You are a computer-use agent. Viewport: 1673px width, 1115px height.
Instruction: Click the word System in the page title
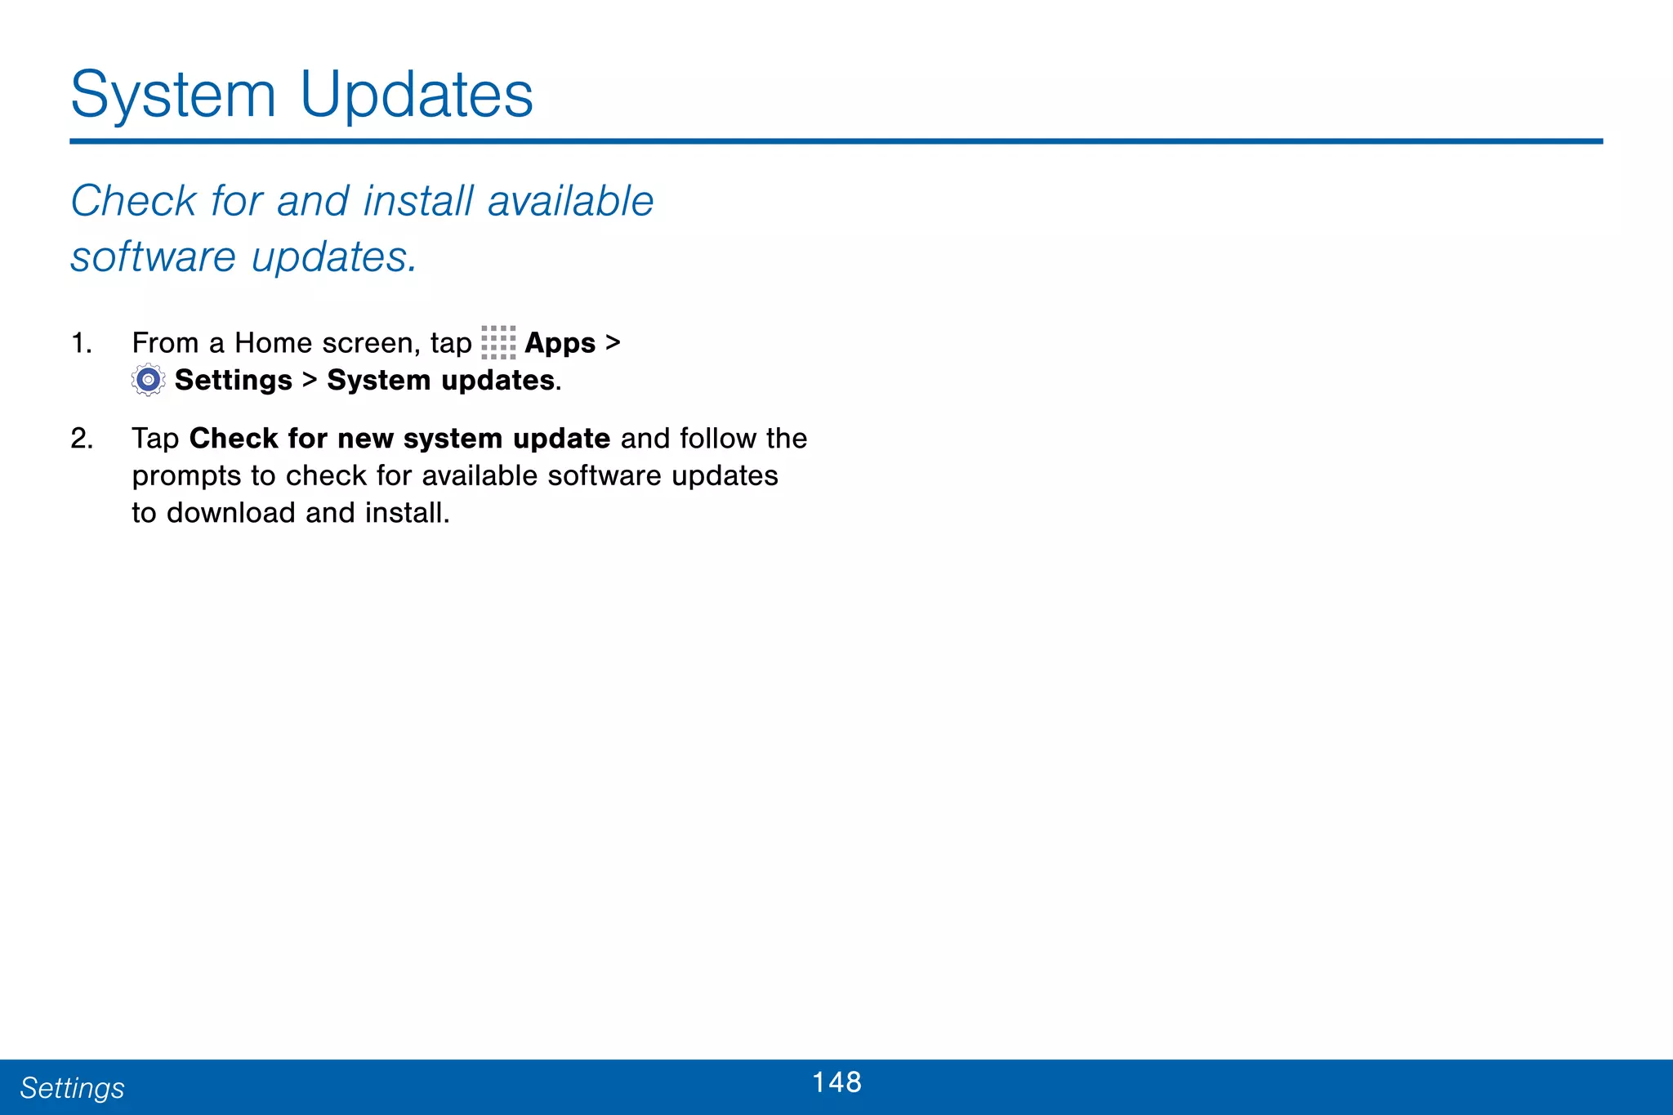[x=173, y=96]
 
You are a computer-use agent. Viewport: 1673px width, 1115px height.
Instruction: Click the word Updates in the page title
[x=417, y=96]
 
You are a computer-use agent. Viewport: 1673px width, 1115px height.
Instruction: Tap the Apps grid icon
[x=498, y=342]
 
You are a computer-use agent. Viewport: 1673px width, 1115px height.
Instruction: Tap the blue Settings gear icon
[x=148, y=380]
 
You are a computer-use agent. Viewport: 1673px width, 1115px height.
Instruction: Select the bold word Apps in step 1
[x=560, y=343]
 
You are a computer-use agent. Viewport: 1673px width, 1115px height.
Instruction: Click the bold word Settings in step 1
[x=233, y=381]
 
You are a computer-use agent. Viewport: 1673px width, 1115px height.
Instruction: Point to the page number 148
[x=836, y=1082]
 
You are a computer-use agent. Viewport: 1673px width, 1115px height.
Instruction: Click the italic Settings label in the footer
[x=72, y=1088]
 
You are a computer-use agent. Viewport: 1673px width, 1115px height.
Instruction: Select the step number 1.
[x=81, y=343]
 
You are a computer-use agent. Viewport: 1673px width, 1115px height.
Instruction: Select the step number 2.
[x=82, y=439]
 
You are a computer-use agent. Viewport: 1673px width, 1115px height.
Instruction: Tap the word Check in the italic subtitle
[x=134, y=201]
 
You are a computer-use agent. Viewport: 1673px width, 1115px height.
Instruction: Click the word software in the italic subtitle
[x=154, y=257]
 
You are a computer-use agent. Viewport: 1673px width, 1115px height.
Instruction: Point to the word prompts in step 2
[x=186, y=476]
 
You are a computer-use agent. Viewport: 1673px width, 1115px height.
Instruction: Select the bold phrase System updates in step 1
[x=441, y=381]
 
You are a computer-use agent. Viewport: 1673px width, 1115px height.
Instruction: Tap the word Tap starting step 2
[x=155, y=439]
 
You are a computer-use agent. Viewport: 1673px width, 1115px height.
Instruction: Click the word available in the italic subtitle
[x=570, y=201]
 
